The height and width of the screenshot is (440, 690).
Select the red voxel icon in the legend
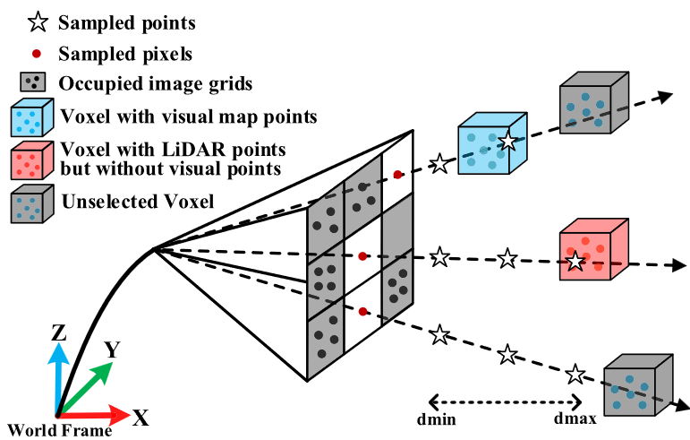[x=30, y=159]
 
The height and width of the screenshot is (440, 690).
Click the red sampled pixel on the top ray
[x=397, y=175]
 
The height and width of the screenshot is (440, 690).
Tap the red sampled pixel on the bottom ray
[x=362, y=312]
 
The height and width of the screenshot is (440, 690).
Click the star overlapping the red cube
[x=575, y=262]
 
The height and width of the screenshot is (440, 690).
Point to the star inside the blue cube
[x=507, y=141]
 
